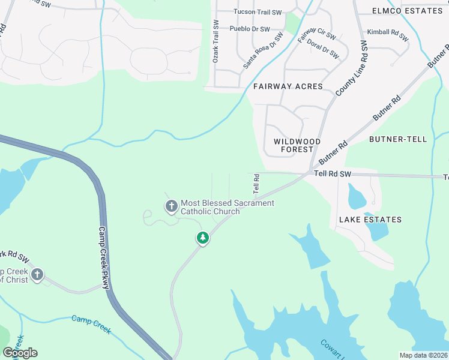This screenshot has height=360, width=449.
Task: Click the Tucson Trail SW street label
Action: pyautogui.click(x=258, y=12)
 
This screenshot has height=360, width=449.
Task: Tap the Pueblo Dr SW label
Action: pyautogui.click(x=250, y=29)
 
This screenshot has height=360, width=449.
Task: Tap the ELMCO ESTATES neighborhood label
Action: pyautogui.click(x=407, y=11)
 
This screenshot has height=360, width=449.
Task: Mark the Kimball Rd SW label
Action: pyautogui.click(x=388, y=35)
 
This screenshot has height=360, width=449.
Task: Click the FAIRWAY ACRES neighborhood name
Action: pyautogui.click(x=288, y=86)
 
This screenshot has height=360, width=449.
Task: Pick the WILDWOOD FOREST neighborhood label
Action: pyautogui.click(x=297, y=145)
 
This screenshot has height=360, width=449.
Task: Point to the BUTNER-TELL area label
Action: pyautogui.click(x=397, y=139)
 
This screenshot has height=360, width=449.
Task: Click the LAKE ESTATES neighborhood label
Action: pyautogui.click(x=370, y=220)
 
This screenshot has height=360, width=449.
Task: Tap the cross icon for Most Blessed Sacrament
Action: pyautogui.click(x=171, y=207)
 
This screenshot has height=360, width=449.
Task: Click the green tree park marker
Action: pyautogui.click(x=203, y=238)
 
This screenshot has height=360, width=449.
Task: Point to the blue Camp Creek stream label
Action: pyautogui.click(x=91, y=324)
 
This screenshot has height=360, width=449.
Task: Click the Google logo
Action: pyautogui.click(x=20, y=352)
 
